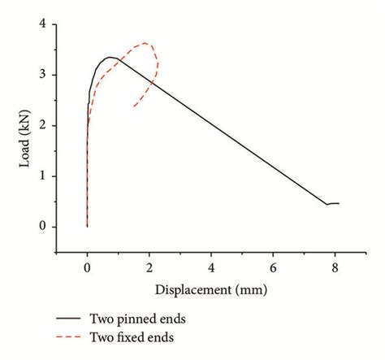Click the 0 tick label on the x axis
[87, 266]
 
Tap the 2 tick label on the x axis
[149, 266]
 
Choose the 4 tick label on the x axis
[211, 266]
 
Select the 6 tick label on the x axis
[273, 266]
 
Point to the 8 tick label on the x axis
[335, 266]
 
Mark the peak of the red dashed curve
[145, 43]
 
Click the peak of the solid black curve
[110, 57]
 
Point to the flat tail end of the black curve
[334, 203]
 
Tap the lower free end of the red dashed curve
[133, 106]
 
